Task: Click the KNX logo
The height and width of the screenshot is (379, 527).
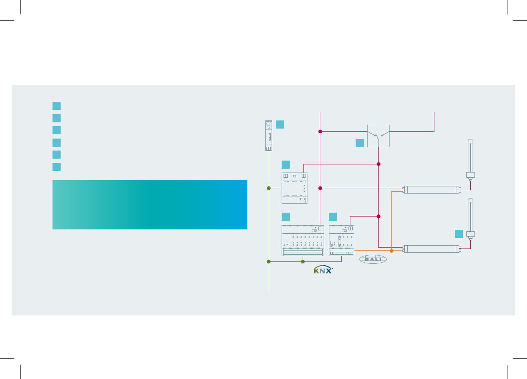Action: pyautogui.click(x=323, y=270)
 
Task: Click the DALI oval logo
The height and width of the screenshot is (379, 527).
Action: pyautogui.click(x=373, y=259)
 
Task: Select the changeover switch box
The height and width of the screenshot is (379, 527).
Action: pyautogui.click(x=378, y=136)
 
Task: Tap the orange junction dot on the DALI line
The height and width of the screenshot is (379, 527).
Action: pyautogui.click(x=391, y=251)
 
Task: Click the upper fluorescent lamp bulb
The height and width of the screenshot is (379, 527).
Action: pyautogui.click(x=471, y=160)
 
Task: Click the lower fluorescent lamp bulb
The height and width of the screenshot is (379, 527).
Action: pyautogui.click(x=471, y=219)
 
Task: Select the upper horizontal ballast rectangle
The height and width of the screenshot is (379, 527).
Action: pyautogui.click(x=432, y=189)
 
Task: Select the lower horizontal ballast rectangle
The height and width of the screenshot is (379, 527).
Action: pyautogui.click(x=432, y=249)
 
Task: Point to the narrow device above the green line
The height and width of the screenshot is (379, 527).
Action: pyautogui.click(x=269, y=136)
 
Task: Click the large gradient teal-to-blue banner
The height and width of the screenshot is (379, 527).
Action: pyautogui.click(x=150, y=205)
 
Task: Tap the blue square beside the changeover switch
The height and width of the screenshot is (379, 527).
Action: pyautogui.click(x=359, y=143)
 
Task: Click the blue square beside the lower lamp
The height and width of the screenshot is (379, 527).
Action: pyautogui.click(x=459, y=234)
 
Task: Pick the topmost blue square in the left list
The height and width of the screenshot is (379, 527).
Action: pyautogui.click(x=56, y=106)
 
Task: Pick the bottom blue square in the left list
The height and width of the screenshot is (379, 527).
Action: pyautogui.click(x=56, y=167)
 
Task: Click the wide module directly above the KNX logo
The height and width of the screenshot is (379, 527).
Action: pyautogui.click(x=303, y=241)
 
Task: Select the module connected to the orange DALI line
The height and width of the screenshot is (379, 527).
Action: pyautogui.click(x=341, y=241)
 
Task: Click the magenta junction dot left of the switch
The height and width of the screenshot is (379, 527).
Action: pyautogui.click(x=320, y=131)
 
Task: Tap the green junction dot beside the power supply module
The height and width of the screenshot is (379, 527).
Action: pyautogui.click(x=269, y=188)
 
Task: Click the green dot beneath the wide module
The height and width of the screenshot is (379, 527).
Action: pyautogui.click(x=303, y=261)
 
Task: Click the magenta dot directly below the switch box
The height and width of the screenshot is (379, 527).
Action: pyautogui.click(x=379, y=164)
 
